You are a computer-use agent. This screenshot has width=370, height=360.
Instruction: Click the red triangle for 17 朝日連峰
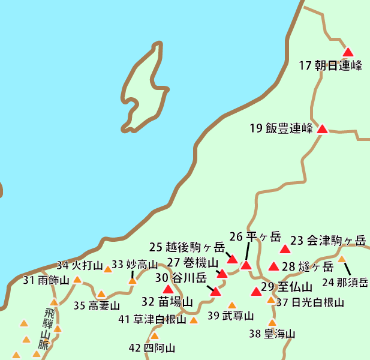coord(348,52)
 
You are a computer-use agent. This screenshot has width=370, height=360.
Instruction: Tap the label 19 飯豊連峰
coord(281,128)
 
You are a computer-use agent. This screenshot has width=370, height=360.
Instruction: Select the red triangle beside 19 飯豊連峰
coord(322,129)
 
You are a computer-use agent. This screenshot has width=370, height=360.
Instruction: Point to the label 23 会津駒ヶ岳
coord(328,241)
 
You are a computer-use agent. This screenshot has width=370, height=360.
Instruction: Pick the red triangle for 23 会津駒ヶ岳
coord(285,248)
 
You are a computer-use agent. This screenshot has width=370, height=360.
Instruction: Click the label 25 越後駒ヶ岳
coord(186,247)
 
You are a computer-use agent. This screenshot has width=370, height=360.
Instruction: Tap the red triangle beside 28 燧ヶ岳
coord(273,266)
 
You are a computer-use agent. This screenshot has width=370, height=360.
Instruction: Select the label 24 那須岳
coord(345,283)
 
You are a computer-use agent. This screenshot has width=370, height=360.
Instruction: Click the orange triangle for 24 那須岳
coord(342,259)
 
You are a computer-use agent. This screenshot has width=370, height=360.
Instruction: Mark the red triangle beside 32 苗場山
coord(168,289)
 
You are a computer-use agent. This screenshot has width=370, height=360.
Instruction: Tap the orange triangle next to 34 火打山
coord(108,269)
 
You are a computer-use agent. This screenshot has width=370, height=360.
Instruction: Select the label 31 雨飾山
coord(46,280)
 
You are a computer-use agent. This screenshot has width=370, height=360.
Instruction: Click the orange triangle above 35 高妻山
coord(101,294)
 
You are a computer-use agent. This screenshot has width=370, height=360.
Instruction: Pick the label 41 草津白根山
coord(152,319)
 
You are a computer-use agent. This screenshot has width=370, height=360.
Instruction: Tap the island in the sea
coord(143,87)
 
